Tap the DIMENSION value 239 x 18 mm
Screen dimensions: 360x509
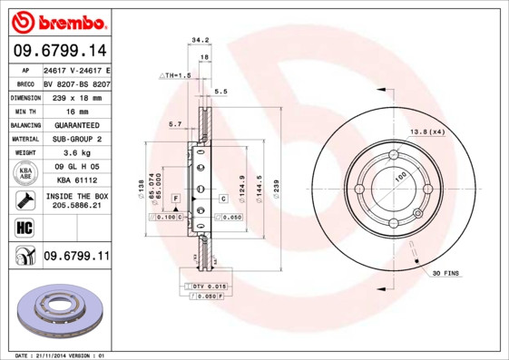[76, 95]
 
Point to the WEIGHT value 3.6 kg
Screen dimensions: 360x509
[76, 152]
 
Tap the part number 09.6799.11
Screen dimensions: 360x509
[76, 257]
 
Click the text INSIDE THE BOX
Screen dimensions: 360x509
[76, 196]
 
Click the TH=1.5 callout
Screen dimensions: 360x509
[177, 75]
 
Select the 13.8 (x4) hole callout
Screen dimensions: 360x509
[426, 133]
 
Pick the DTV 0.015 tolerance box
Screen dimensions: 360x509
[205, 287]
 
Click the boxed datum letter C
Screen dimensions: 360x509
[223, 198]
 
